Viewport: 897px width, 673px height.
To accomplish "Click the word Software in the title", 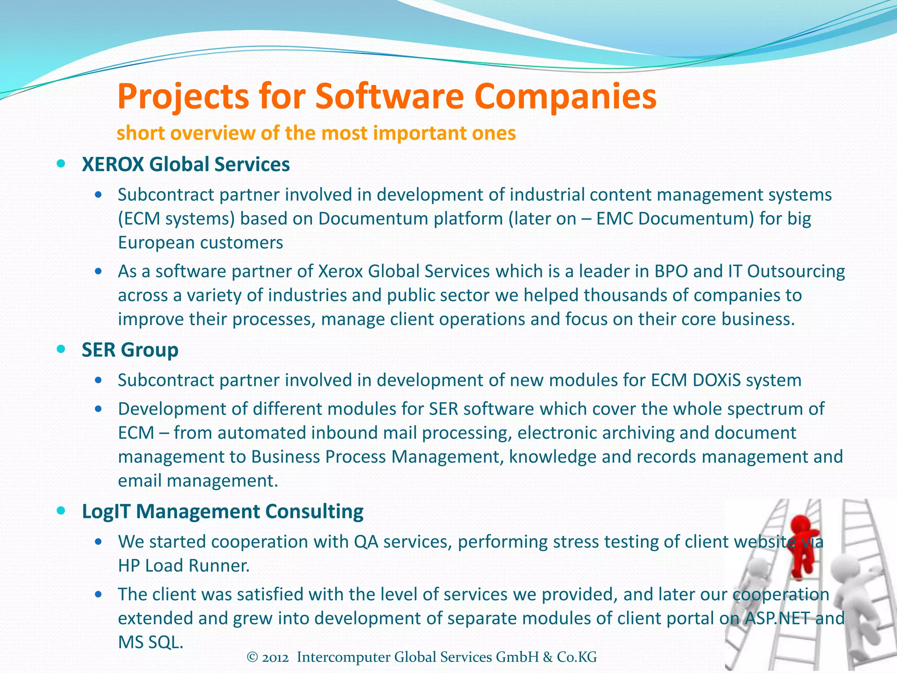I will pos(389,96).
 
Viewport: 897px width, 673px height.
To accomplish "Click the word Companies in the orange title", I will pos(565,97).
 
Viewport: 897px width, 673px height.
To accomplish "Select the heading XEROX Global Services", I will pos(186,165).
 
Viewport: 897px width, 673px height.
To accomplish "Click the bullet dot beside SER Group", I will pos(61,349).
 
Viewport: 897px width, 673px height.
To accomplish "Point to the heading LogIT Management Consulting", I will pos(222,511).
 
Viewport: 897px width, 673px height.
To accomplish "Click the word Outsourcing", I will pos(796,272).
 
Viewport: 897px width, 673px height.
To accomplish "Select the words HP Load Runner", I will pos(184,566).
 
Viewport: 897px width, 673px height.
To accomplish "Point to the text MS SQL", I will pos(150,642).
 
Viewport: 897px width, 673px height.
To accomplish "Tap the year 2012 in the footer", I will pos(275,657).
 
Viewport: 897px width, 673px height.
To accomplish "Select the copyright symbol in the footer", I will pos(252,657).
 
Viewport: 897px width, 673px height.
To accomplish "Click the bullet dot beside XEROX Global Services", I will pos(61,164).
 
